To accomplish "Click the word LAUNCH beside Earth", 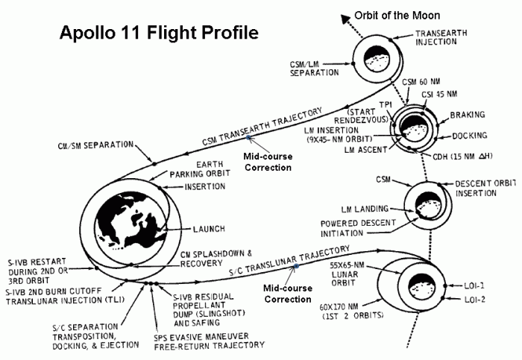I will click(208, 229).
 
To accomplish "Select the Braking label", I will click(468, 115).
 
